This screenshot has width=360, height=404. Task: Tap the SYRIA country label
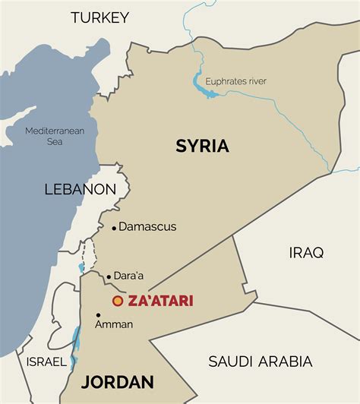click(x=202, y=146)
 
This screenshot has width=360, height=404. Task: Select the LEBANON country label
click(x=80, y=189)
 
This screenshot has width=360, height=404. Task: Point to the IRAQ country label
click(x=306, y=252)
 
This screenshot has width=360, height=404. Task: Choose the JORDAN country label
click(x=118, y=382)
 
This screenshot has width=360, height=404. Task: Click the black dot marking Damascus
click(x=114, y=227)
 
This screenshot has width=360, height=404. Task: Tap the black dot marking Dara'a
click(x=109, y=277)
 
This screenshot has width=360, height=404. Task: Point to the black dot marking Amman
click(x=98, y=314)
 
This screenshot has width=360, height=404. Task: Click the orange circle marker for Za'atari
click(x=118, y=301)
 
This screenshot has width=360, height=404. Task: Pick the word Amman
click(x=114, y=324)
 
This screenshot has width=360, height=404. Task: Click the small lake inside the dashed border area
click(x=81, y=268)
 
